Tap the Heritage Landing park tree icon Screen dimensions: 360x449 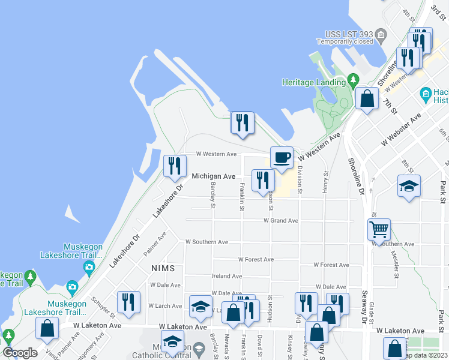click(x=353, y=80)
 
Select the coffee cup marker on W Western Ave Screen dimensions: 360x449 click(x=282, y=158)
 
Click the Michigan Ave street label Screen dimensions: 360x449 click(x=213, y=176)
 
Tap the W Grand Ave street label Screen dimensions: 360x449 click(x=281, y=221)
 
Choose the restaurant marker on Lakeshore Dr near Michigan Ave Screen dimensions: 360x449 click(x=175, y=166)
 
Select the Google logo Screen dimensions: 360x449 click(x=20, y=352)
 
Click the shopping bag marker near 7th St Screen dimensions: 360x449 click(x=366, y=97)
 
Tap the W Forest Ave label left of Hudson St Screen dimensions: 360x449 click(x=256, y=260)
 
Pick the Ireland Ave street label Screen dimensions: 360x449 click(x=227, y=277)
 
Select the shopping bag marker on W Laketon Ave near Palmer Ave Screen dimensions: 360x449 click(x=47, y=328)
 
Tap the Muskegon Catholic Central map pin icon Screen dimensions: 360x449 click(x=198, y=348)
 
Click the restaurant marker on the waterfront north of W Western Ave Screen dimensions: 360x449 click(x=243, y=123)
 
